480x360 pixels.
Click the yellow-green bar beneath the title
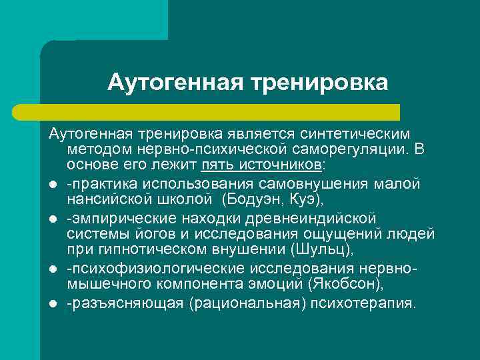tap(220, 111)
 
